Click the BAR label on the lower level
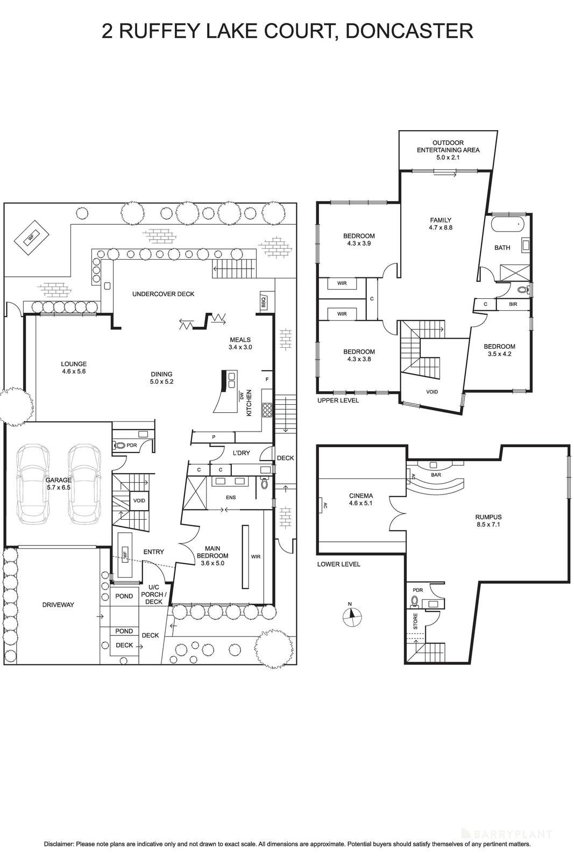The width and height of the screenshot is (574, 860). coord(436,475)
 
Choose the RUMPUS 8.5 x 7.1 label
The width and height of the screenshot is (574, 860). coord(488,521)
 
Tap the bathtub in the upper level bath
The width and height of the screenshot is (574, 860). coord(507,224)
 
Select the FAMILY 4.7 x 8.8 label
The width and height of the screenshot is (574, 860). coord(441,224)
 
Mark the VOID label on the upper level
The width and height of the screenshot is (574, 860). coord(432,392)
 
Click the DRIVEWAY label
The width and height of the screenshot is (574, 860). coord(58,605)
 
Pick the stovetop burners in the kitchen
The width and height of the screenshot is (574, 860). coord(267,411)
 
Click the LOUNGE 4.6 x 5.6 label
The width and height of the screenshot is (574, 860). coord(74,367)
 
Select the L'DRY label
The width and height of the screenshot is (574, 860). coord(242,453)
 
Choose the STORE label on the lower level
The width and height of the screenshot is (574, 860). coord(415,622)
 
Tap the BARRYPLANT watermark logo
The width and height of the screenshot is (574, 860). coord(513,834)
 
